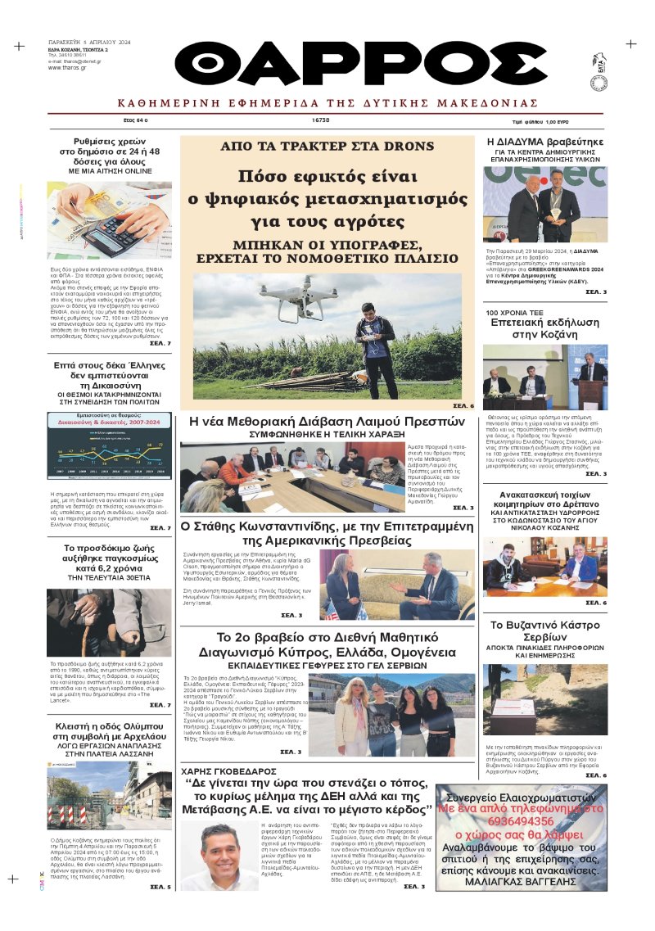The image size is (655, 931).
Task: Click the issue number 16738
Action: [x=321, y=120]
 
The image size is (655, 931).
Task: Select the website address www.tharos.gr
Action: [x=65, y=67]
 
